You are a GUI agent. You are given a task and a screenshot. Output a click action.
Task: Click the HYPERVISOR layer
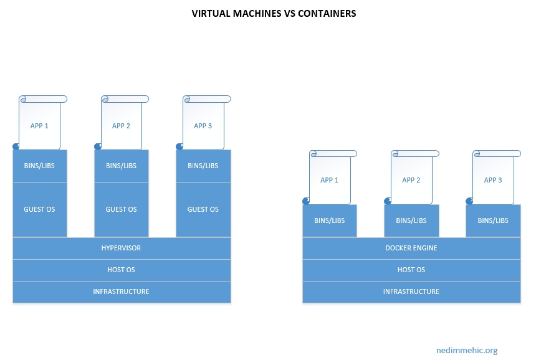click(x=122, y=248)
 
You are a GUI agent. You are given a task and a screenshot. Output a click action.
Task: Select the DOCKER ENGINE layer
click(x=411, y=248)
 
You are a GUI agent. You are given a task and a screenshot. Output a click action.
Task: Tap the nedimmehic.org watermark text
click(x=467, y=351)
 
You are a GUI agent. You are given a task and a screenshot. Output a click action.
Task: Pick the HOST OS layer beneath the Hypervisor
click(x=122, y=270)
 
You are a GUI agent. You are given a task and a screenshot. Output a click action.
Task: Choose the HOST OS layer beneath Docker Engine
click(x=411, y=270)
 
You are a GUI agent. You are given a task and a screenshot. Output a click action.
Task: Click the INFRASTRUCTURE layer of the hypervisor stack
click(x=122, y=291)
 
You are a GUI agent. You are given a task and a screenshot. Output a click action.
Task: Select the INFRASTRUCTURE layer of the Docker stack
click(x=411, y=291)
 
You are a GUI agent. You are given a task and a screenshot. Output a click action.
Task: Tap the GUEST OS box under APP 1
click(x=39, y=210)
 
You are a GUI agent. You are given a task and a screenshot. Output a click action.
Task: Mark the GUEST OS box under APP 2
click(x=122, y=210)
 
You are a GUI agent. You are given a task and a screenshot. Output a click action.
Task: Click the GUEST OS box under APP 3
click(x=203, y=210)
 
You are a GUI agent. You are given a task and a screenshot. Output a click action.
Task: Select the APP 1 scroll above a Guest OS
click(x=40, y=125)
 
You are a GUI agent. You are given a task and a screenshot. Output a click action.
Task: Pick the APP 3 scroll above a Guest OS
click(x=204, y=125)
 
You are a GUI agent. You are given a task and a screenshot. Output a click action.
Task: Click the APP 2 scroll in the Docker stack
click(x=411, y=179)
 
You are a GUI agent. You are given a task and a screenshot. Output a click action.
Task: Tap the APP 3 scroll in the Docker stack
click(x=493, y=179)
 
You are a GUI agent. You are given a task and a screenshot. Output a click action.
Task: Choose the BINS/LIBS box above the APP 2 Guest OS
click(x=122, y=166)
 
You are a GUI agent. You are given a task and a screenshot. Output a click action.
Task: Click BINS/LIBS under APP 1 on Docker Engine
click(x=330, y=221)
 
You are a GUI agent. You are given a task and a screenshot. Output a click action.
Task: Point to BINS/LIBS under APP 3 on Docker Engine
click(x=493, y=221)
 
